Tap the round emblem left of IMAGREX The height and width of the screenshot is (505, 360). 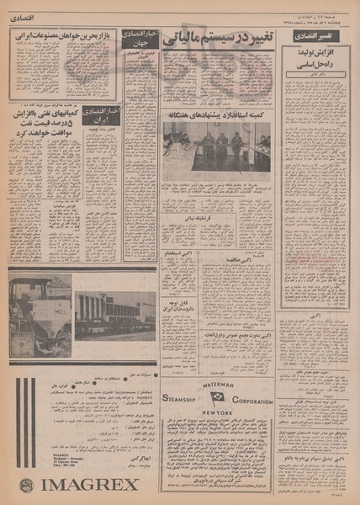coord(26,486)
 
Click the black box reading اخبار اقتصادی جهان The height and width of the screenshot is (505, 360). coord(140,38)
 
